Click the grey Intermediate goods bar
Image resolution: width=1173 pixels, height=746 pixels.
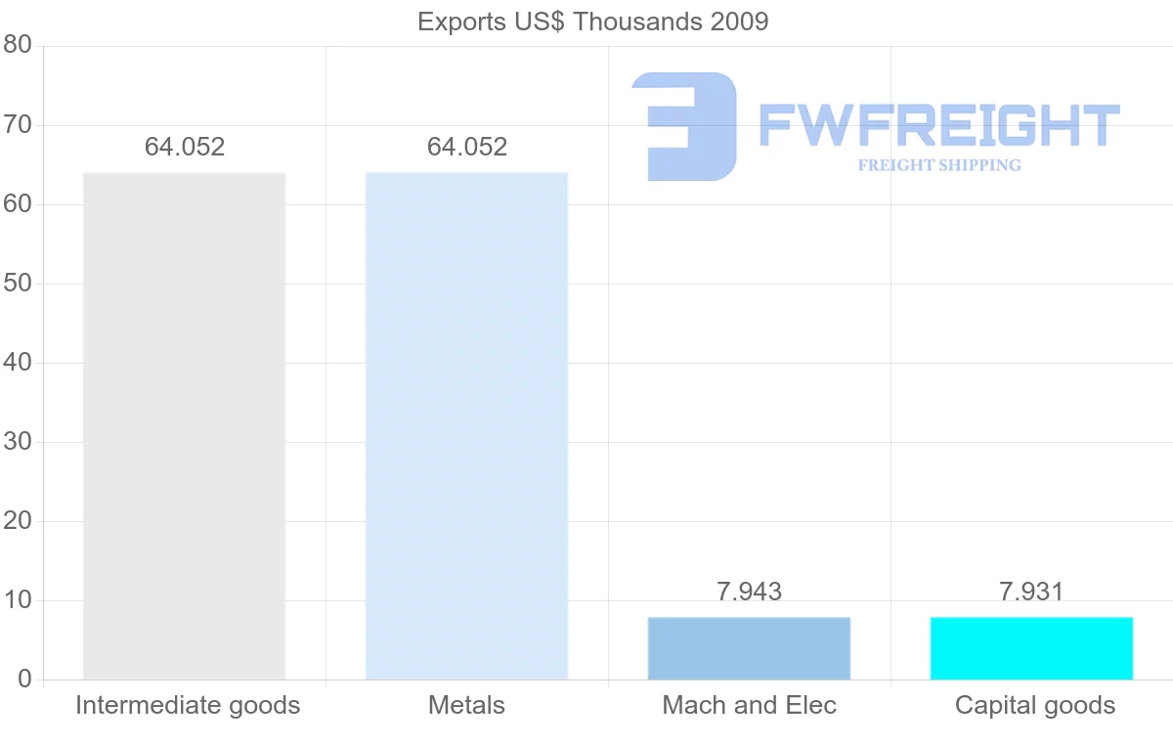(x=184, y=425)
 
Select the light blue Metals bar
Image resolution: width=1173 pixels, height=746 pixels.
(x=466, y=425)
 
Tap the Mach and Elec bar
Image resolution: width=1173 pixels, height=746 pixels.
(x=749, y=648)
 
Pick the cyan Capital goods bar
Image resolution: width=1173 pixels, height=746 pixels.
(x=1031, y=648)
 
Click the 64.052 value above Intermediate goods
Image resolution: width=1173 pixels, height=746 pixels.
(x=185, y=148)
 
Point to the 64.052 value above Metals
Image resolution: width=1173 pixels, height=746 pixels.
(x=467, y=148)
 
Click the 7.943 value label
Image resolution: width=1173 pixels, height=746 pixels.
(x=749, y=592)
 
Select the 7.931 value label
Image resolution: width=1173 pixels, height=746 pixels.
(x=1031, y=592)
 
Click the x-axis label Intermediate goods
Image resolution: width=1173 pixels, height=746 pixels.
(x=188, y=705)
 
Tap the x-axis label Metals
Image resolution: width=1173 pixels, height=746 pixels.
(x=466, y=705)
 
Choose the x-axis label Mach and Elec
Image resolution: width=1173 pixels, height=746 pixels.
(x=749, y=705)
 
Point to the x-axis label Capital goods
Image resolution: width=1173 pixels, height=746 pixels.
(x=1034, y=705)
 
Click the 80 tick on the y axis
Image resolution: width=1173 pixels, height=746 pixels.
(x=18, y=46)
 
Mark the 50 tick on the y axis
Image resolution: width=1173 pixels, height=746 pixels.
(x=18, y=284)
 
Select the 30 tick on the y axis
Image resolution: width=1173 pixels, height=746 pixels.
(x=18, y=442)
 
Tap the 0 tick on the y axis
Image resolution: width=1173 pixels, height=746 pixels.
(x=24, y=680)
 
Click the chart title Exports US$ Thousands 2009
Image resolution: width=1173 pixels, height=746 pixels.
(x=592, y=22)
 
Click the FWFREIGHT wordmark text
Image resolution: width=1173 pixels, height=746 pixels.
(x=939, y=125)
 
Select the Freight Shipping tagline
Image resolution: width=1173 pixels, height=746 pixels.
(x=939, y=165)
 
